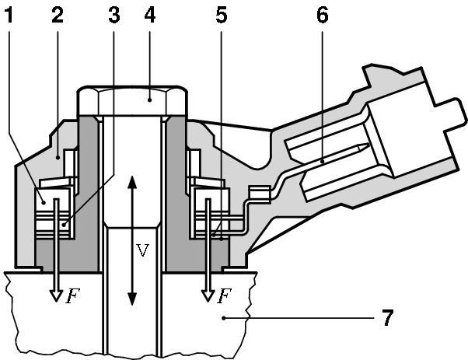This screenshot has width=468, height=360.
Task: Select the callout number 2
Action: (x=57, y=13)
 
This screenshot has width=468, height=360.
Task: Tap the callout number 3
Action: (x=114, y=13)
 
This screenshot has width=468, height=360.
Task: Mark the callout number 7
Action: (x=386, y=318)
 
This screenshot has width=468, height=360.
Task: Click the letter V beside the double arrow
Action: (x=141, y=250)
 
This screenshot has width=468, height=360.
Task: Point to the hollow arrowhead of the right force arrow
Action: (x=208, y=295)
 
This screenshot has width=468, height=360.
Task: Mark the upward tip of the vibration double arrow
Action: (x=132, y=178)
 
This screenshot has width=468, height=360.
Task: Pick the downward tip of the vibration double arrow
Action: (x=132, y=303)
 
